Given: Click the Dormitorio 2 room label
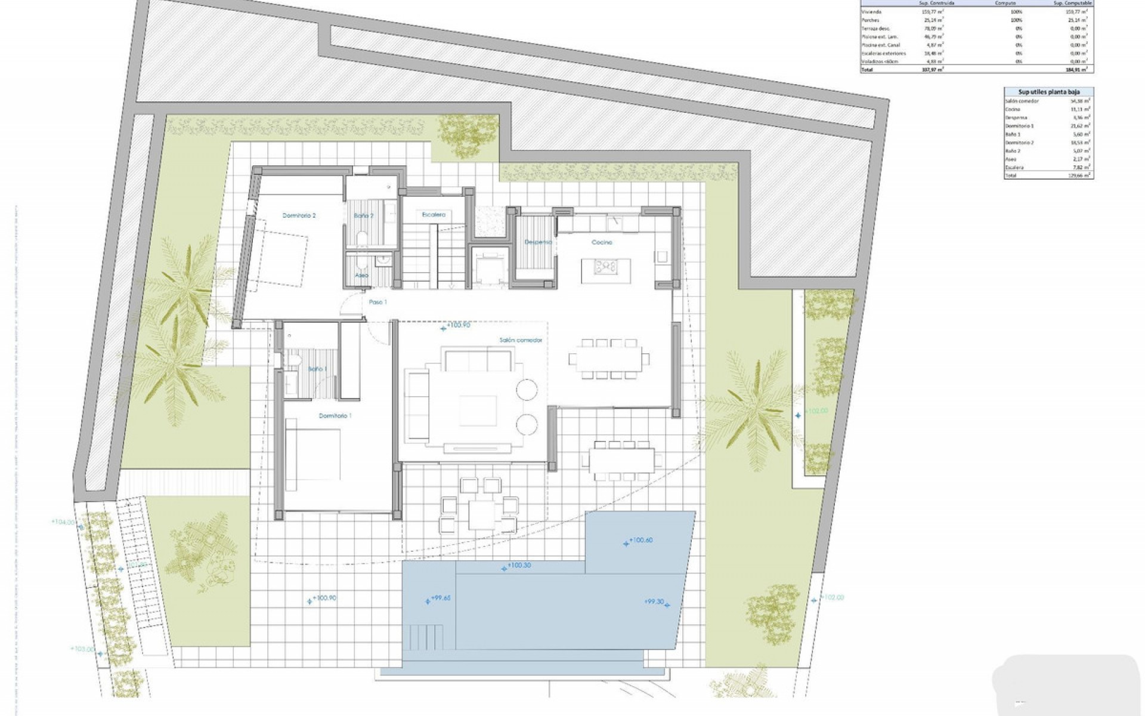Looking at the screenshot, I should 299,215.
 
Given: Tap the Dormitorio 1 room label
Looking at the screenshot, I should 335,416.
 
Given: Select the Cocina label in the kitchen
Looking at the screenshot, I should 602,242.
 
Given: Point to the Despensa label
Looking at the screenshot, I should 537,242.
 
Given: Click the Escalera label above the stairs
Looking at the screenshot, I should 434,214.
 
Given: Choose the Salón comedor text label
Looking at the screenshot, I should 521,340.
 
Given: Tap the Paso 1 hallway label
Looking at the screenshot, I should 377,303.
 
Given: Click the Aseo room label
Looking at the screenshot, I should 361,276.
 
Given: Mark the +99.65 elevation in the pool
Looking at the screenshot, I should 441,598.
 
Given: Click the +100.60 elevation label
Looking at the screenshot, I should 641,540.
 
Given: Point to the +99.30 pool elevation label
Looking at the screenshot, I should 654,602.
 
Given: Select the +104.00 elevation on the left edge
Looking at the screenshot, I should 63,522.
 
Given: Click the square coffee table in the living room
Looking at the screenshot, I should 478,410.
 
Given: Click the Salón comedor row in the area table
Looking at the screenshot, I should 1023,101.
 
